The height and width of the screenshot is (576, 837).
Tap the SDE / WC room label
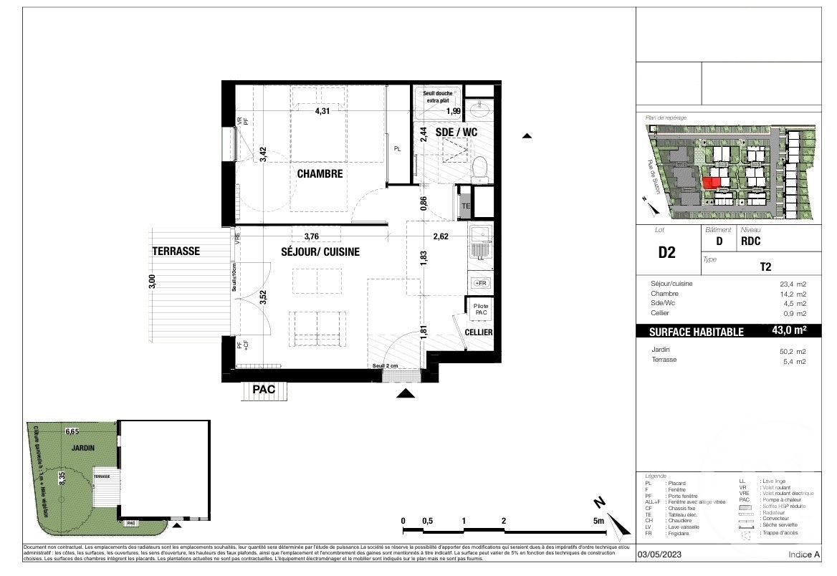click(446, 133)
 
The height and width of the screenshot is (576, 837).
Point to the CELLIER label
click(479, 333)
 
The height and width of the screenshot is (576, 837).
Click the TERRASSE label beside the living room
click(176, 251)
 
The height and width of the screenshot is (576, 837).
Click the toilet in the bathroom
click(480, 168)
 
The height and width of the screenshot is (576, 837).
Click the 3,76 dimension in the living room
click(312, 236)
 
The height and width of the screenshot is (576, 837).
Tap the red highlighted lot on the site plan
click(711, 182)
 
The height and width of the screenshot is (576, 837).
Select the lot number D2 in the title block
click(666, 253)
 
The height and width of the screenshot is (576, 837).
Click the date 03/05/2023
click(660, 555)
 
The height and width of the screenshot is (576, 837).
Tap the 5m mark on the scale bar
click(598, 521)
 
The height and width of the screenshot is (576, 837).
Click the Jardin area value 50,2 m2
click(793, 351)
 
